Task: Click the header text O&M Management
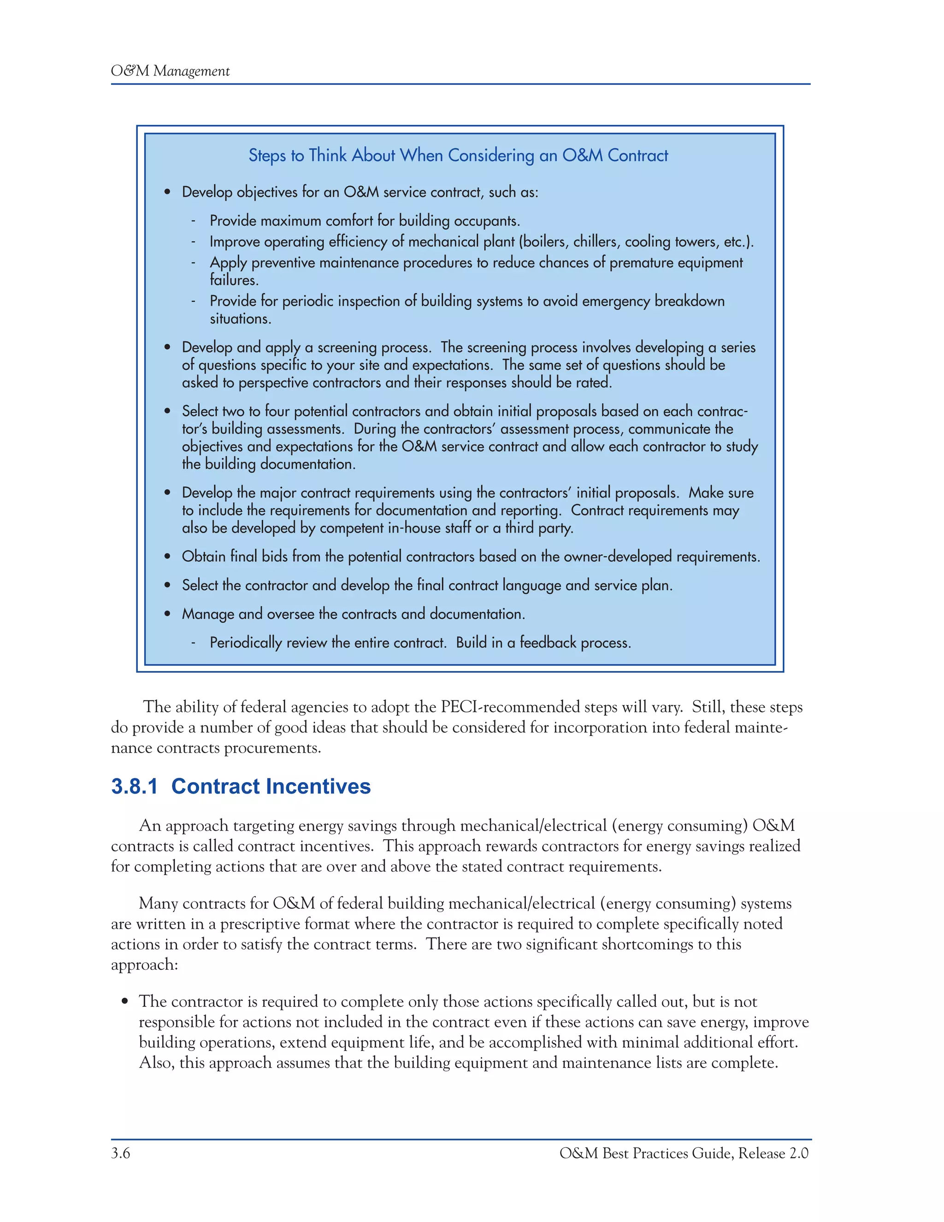[170, 71]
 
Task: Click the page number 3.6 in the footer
[120, 1153]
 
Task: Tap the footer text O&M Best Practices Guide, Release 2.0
[684, 1153]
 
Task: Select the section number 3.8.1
[134, 786]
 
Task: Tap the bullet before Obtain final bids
[167, 557]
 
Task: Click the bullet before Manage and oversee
[167, 614]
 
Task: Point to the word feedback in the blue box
[548, 642]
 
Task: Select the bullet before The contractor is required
[125, 1002]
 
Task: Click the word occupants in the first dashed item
[486, 221]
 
